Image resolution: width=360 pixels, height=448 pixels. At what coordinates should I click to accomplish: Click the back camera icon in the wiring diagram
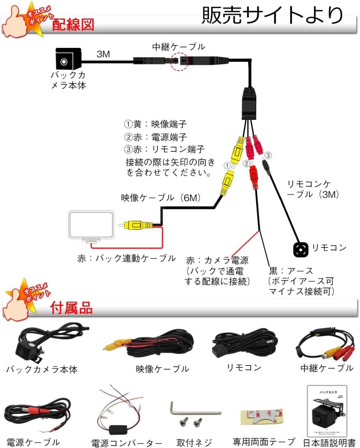(x=65, y=60)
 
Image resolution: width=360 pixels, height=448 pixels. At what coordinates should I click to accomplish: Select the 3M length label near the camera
(x=103, y=55)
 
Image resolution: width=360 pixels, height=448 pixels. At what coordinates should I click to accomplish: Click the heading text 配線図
(x=73, y=25)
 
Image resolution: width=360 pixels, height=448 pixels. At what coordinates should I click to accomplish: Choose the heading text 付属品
(x=71, y=308)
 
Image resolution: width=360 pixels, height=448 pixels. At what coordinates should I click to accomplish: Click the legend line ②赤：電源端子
(x=156, y=137)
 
